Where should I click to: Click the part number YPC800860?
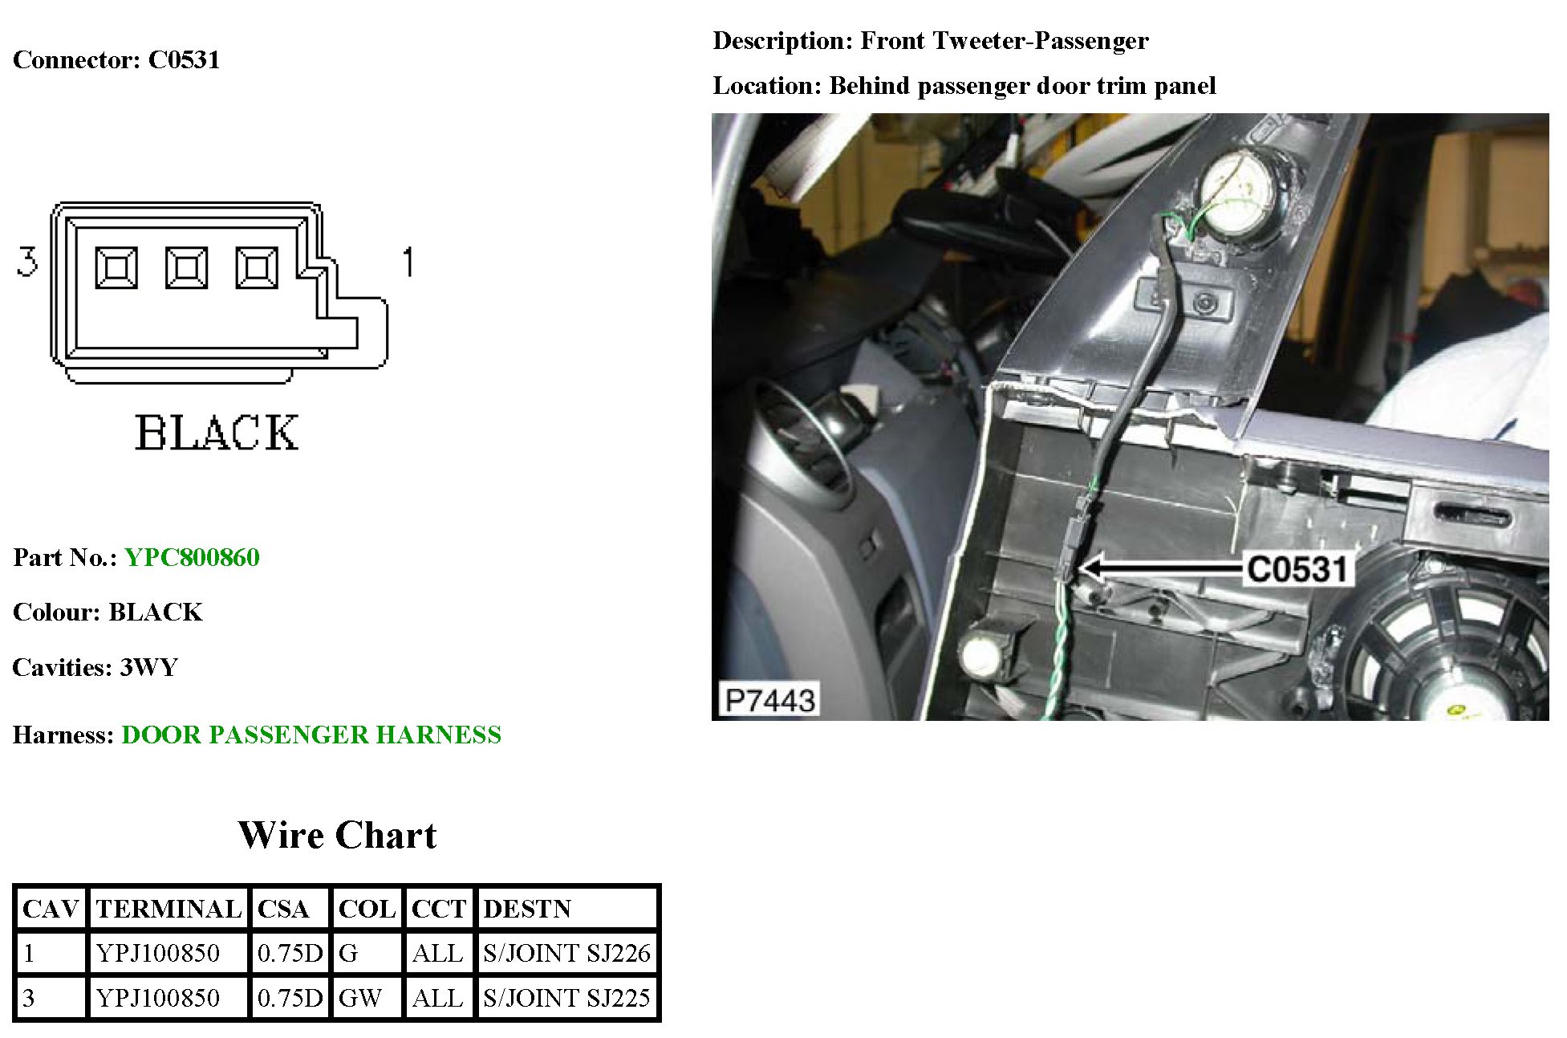(192, 557)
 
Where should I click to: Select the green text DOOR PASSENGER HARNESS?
(311, 735)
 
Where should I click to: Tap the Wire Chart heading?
(337, 835)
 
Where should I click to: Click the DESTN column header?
(527, 909)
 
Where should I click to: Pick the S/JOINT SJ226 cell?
(566, 953)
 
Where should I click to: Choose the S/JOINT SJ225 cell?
(566, 998)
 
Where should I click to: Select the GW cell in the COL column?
(360, 998)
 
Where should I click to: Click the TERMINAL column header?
(168, 909)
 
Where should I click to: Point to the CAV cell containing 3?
(30, 998)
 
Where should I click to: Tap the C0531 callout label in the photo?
(1297, 569)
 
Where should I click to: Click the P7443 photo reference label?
(769, 700)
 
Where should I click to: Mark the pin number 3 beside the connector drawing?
(27, 263)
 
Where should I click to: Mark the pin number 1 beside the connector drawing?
(408, 263)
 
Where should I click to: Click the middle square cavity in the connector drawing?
(186, 267)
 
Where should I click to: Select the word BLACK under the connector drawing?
(217, 434)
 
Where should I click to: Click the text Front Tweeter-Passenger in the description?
(1004, 40)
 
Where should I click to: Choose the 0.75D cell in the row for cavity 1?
(290, 953)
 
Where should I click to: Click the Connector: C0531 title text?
(116, 59)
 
